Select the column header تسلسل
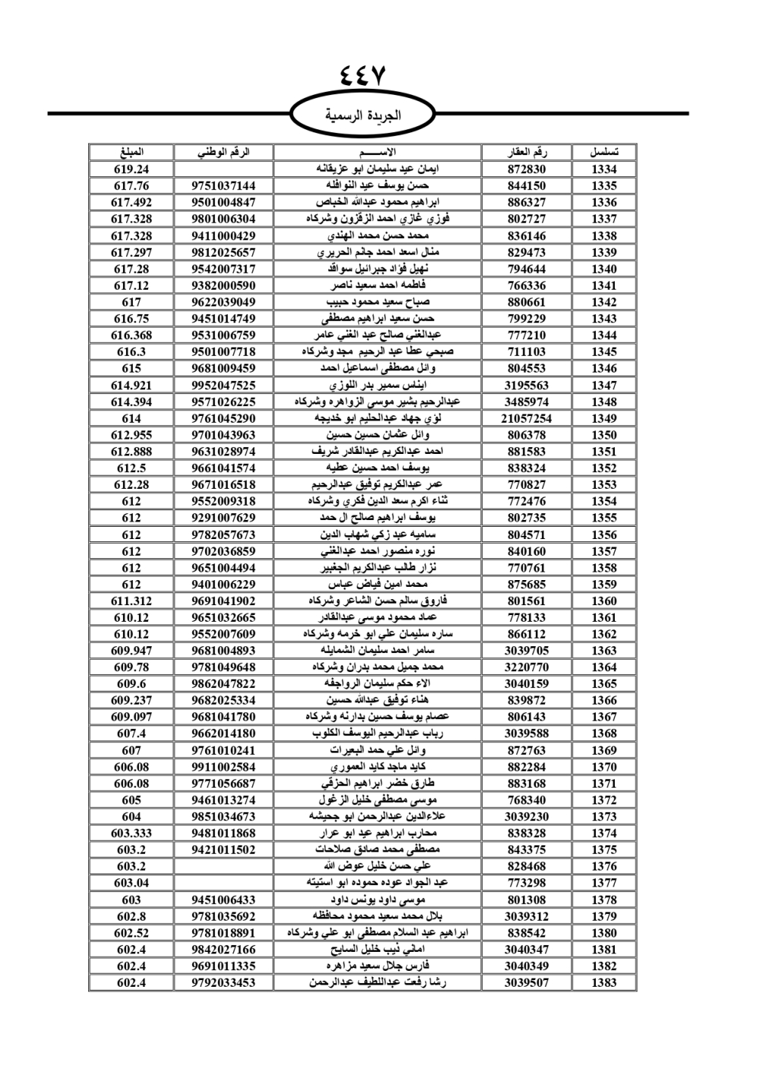point(603,152)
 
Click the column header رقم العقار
point(527,152)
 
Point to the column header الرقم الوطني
point(223,152)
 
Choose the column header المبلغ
point(131,152)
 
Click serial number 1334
point(603,170)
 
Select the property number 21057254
point(527,418)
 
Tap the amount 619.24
point(131,170)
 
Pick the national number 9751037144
point(223,186)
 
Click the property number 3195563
point(527,385)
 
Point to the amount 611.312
point(131,601)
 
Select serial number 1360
point(603,601)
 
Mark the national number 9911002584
point(223,767)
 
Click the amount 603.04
point(131,883)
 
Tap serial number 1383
point(603,982)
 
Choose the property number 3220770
point(527,667)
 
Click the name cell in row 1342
point(377,302)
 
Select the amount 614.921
point(131,385)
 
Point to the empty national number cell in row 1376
point(223,867)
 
